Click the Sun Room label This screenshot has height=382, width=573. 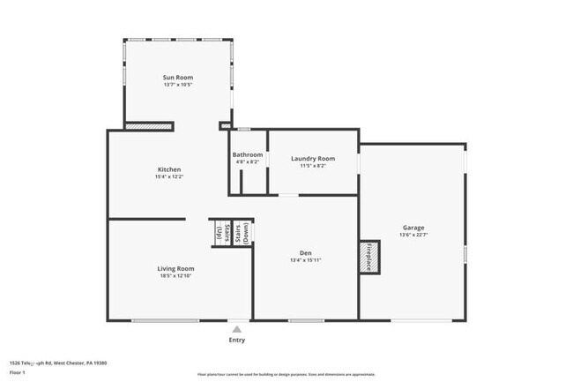pos(178,78)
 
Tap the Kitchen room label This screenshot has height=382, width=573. pos(169,169)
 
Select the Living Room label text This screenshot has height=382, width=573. pos(176,268)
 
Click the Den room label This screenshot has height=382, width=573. pos(301,253)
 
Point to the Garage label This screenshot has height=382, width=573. pos(413,227)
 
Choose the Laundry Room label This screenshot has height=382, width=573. pos(313,159)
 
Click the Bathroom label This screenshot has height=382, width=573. pos(248,154)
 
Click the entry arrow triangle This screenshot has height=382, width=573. pos(236,328)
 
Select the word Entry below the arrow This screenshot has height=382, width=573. pos(237,340)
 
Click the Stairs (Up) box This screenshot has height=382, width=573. pos(218,234)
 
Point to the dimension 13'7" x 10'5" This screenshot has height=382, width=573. pos(178,86)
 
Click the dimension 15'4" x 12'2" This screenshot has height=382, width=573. pos(169,177)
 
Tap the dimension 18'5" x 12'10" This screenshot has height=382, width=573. pos(176,276)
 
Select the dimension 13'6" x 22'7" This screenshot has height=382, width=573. pos(413,235)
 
